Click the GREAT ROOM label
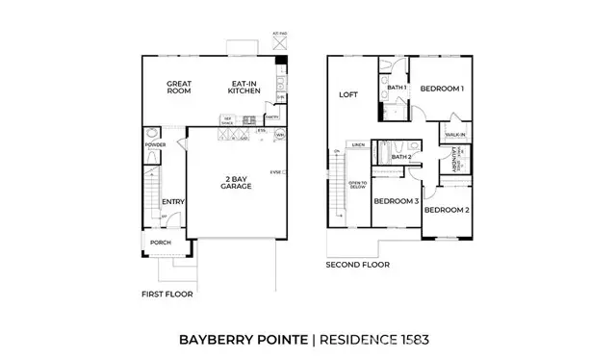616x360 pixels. (x=178, y=88)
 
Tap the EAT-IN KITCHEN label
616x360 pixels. (x=244, y=88)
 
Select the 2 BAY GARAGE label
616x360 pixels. (x=235, y=182)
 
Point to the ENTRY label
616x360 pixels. (x=173, y=201)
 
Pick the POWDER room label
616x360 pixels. (x=154, y=145)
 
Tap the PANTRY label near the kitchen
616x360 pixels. (x=271, y=118)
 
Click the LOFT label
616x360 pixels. (x=348, y=95)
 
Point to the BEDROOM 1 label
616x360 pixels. (x=444, y=89)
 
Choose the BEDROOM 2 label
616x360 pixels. (x=448, y=210)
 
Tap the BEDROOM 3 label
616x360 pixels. (x=396, y=201)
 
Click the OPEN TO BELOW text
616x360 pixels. (x=356, y=185)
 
